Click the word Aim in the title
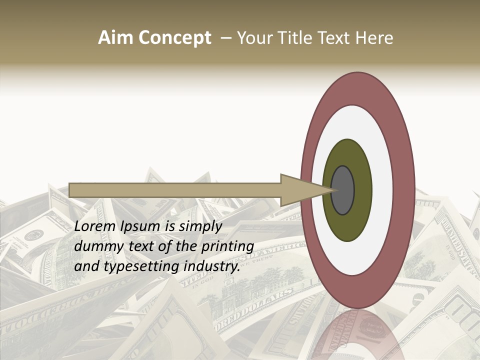pos(116,38)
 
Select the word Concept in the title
pos(174,38)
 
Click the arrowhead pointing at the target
pos(300,190)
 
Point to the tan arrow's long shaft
pos(175,190)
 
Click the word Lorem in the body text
pos(95,226)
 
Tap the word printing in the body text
pos(227,247)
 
